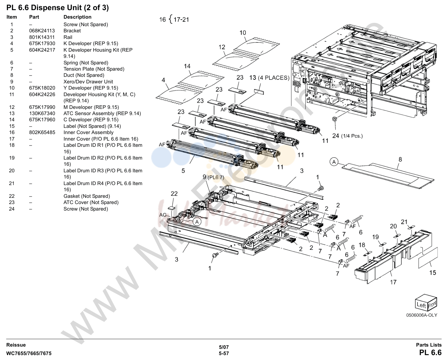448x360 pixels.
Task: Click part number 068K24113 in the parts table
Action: coord(42,31)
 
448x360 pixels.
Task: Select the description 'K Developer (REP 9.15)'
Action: coord(91,43)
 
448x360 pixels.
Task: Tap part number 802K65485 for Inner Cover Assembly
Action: coord(42,132)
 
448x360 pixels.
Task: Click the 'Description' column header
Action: coord(78,17)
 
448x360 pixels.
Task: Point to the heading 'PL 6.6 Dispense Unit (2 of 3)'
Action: coord(58,8)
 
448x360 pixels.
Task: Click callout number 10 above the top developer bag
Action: coord(243,33)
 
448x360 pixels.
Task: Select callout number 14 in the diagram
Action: coord(187,66)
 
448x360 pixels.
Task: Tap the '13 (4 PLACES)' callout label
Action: coord(269,78)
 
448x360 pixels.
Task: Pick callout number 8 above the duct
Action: coord(400,160)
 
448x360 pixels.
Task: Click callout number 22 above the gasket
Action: coord(174,194)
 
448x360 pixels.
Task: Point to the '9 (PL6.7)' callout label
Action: coord(213,177)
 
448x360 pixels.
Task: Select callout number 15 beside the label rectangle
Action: coord(433,273)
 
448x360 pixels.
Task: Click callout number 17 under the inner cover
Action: coord(393,282)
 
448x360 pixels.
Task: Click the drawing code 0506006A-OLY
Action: coord(421,315)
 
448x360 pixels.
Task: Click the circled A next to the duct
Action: coord(334,162)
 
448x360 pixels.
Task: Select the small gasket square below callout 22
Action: coord(172,208)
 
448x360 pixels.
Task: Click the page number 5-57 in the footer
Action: coord(224,353)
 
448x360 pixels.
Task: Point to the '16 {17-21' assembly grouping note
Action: coord(174,19)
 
